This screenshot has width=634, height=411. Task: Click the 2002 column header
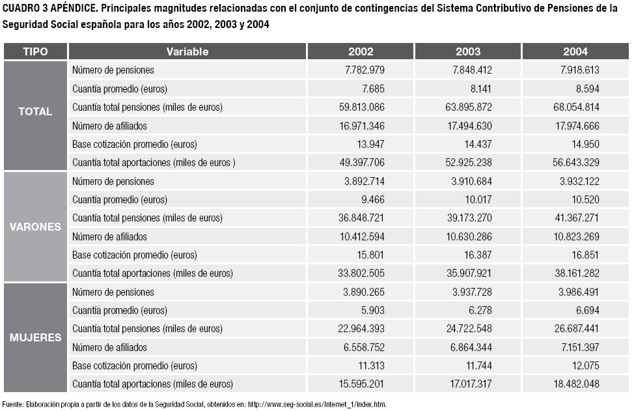click(x=360, y=51)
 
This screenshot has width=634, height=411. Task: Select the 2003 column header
click(x=468, y=51)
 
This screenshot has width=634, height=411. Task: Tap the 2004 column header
click(x=575, y=51)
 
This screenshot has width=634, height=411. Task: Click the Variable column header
click(x=187, y=51)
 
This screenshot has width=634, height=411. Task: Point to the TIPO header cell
click(x=35, y=51)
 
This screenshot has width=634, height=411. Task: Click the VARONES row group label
click(x=35, y=227)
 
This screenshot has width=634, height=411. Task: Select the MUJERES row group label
click(x=35, y=338)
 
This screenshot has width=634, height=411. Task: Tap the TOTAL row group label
click(x=35, y=112)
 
